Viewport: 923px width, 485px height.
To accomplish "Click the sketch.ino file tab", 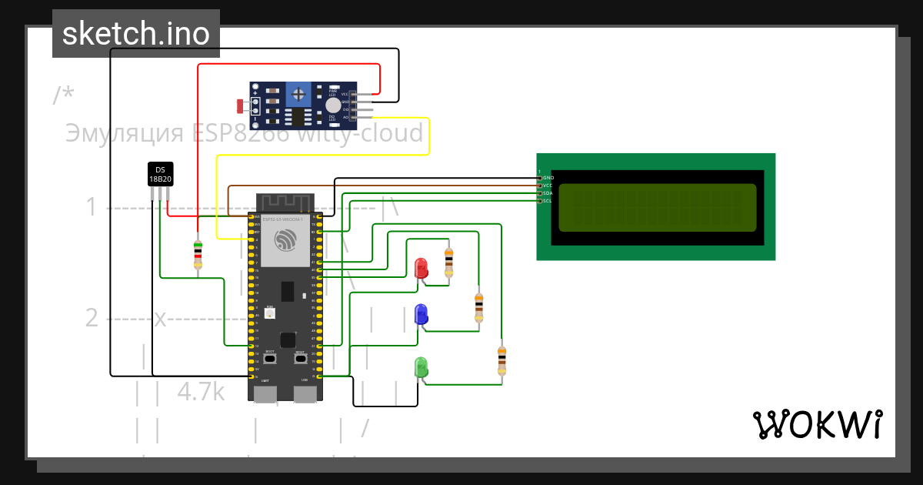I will pos(136,34).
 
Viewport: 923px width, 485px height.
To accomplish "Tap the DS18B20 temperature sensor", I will pos(160,174).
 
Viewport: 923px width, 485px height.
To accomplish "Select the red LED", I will pos(421,269).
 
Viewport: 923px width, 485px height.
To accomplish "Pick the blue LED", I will pos(421,314).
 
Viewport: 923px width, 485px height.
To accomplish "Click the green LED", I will pos(421,367).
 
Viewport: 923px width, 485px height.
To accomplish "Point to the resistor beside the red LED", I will pos(449,262).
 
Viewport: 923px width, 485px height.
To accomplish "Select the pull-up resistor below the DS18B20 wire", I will pos(198,254).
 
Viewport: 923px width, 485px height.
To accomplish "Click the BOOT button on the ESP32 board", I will pos(270,359).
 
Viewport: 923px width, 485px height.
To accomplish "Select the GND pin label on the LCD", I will pos(548,178).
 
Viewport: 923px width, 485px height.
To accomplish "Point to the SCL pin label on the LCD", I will pos(548,201).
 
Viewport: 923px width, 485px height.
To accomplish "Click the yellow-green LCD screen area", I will pos(657,207).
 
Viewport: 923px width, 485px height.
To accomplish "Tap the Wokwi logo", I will pos(817,424).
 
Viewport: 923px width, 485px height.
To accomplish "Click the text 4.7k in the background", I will pos(201,391).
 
